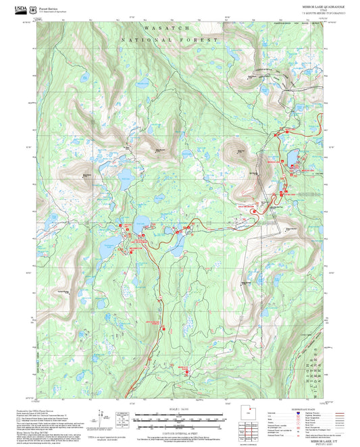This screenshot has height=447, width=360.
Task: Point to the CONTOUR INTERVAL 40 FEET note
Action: pyautogui.click(x=178, y=431)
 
